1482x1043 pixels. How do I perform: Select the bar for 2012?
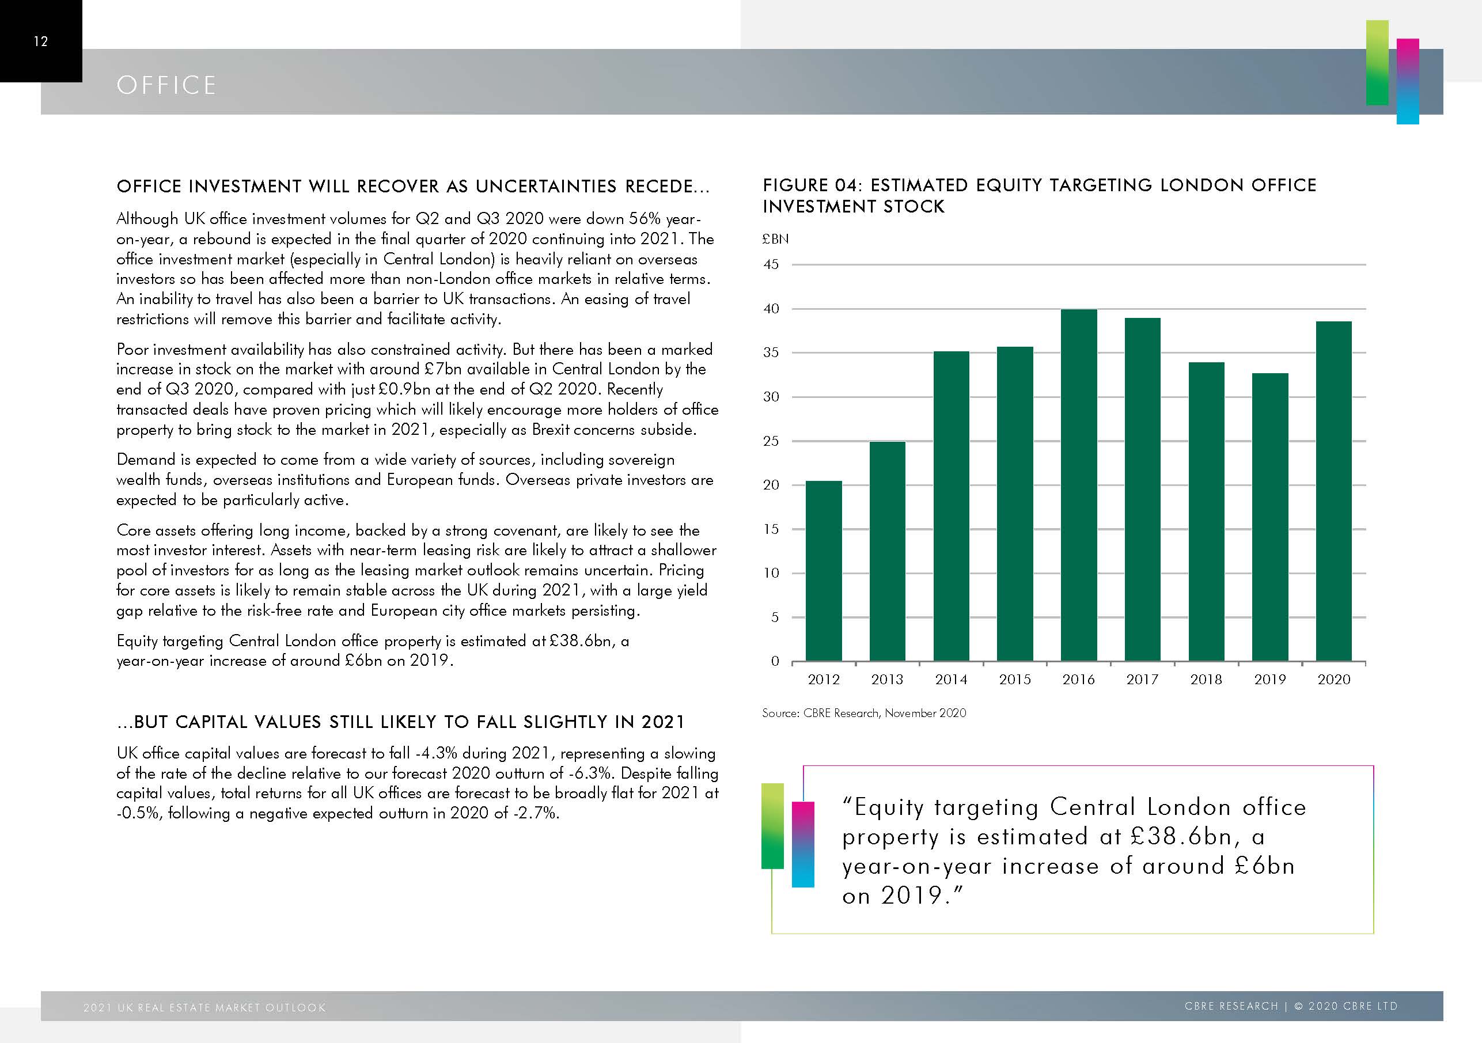coord(824,571)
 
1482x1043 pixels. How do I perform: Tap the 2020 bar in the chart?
coord(1333,491)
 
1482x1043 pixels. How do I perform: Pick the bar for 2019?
coord(1269,517)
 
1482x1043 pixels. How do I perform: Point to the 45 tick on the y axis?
coord(771,264)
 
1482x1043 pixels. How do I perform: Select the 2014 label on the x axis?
coord(951,680)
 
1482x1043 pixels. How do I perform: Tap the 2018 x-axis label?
coord(1206,680)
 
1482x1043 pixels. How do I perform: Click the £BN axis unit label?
coord(775,239)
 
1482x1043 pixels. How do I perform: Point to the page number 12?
coord(41,41)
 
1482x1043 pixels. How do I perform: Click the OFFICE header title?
coord(166,85)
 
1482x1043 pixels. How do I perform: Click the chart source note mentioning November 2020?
coord(863,713)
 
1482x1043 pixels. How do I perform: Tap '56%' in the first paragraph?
coord(645,219)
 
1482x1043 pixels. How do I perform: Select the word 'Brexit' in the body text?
coord(551,430)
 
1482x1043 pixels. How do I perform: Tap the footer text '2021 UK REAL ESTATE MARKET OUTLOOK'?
coord(204,1007)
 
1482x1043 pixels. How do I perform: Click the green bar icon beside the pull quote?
coord(772,825)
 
